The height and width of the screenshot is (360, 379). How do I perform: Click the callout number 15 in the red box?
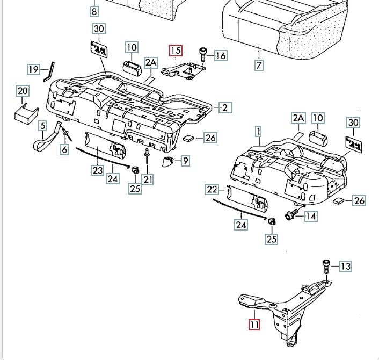[176, 51]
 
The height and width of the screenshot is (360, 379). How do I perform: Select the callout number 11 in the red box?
[253, 325]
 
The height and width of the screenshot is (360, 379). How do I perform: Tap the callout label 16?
[221, 55]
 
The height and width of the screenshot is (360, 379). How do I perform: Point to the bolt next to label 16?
[203, 54]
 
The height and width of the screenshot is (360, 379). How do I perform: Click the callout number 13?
[345, 266]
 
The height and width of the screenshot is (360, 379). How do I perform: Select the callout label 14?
[311, 216]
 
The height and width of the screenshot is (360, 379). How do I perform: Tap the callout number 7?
[259, 66]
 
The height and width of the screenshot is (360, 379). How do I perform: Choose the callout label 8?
[94, 11]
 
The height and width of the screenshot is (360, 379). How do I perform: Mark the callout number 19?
[34, 69]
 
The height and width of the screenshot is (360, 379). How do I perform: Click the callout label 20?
[23, 91]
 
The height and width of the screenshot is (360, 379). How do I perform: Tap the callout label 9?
[185, 160]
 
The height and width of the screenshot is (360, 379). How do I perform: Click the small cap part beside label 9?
[169, 161]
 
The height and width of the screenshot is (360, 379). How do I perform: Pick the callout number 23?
[97, 170]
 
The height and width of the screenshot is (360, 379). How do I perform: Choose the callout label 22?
[212, 189]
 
